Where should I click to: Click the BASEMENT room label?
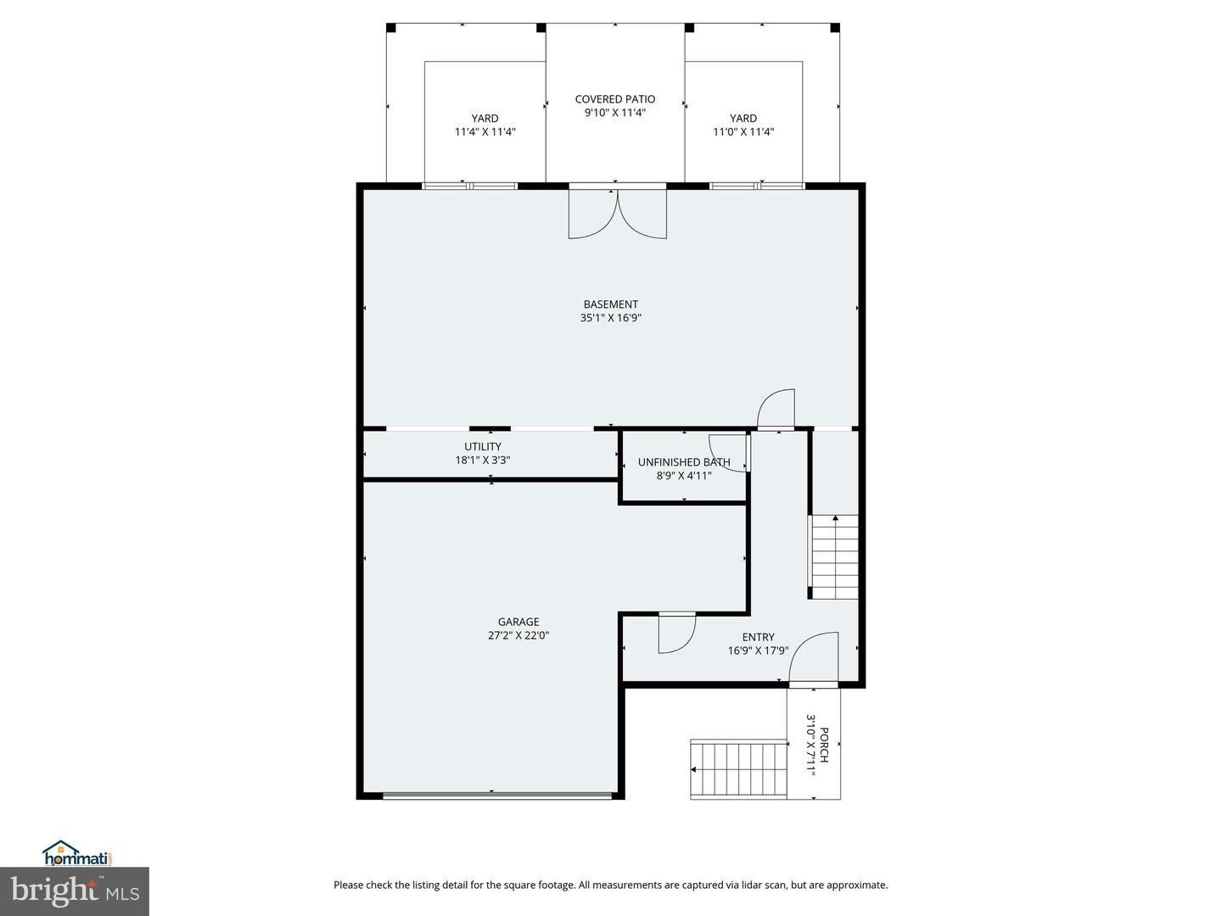(610, 304)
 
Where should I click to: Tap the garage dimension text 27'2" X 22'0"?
(518, 635)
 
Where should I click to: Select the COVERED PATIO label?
(614, 99)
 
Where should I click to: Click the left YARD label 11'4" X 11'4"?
(485, 126)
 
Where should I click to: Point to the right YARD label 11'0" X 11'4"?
(743, 126)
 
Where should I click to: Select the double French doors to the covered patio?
(617, 214)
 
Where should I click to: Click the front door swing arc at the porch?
(814, 657)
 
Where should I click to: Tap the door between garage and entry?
(675, 634)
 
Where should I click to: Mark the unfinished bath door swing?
(728, 451)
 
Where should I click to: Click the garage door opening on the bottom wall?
(496, 795)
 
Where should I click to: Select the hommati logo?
(77, 853)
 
